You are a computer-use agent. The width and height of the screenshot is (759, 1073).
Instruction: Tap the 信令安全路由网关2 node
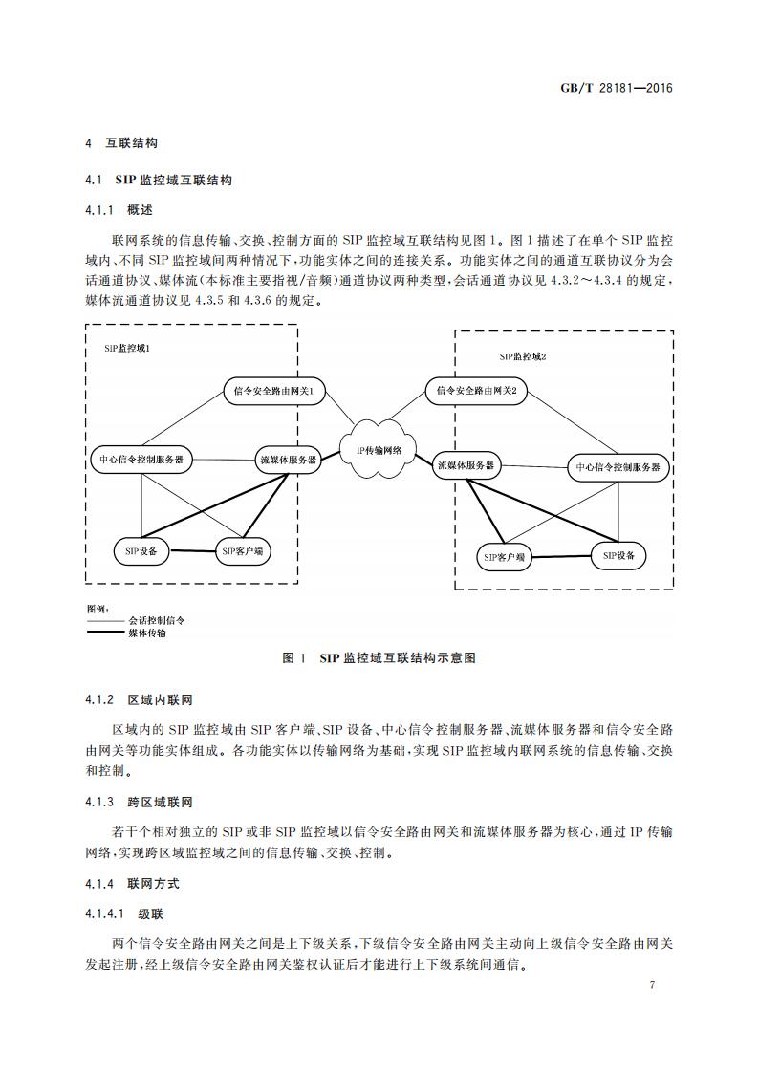pos(475,390)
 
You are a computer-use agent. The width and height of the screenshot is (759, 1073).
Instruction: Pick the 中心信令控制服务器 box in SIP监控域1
pos(141,460)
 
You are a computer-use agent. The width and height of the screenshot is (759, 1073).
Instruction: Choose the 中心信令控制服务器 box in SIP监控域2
pos(617,467)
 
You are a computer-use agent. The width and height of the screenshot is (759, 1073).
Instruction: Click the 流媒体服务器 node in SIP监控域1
pos(288,460)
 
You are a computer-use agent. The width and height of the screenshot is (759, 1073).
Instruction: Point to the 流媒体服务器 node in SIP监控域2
pos(466,465)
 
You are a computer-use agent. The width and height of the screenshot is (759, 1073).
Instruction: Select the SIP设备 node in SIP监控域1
pos(141,550)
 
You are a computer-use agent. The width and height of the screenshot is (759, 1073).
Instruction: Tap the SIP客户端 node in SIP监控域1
pos(243,551)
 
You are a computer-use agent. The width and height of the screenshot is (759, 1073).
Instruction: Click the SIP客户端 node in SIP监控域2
pos(504,557)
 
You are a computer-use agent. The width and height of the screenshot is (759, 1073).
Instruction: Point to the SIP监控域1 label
pos(126,349)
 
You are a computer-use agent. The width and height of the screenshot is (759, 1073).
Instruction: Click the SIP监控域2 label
pos(522,355)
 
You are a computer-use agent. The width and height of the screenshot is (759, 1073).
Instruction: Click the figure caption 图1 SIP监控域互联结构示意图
pos(379,658)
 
